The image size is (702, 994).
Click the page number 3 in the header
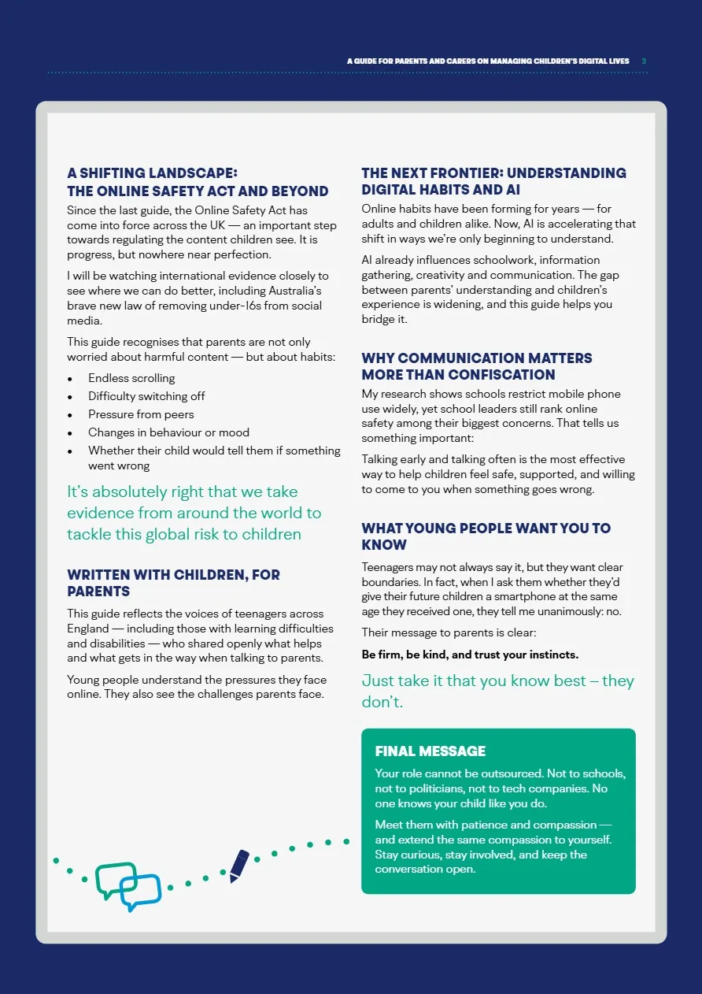coord(644,61)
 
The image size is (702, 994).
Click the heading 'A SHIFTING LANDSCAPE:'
coord(152,173)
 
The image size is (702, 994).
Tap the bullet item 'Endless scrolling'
coord(131,378)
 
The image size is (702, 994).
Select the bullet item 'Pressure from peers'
coord(141,414)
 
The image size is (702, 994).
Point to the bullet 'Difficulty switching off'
coord(146,396)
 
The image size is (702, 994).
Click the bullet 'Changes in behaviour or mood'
coord(168,432)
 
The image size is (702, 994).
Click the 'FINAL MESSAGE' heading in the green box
coord(430,751)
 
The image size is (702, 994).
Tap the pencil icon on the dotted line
coord(239,866)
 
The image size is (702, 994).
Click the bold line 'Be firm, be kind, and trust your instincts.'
coord(470,655)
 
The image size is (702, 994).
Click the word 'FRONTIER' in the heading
coord(460,173)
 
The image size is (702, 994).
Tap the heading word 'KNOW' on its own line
coord(384,545)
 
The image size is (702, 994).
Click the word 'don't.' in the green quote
coord(382,702)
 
